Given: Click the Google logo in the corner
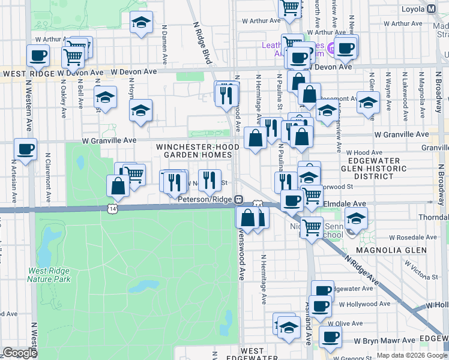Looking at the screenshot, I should pos(20,353).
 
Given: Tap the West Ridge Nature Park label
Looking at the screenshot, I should pos(49,275).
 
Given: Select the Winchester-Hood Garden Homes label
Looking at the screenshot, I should pos(194,151).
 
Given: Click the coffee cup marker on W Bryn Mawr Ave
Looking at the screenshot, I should pos(330,337).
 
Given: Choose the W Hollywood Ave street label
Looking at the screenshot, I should pos(360,305).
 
